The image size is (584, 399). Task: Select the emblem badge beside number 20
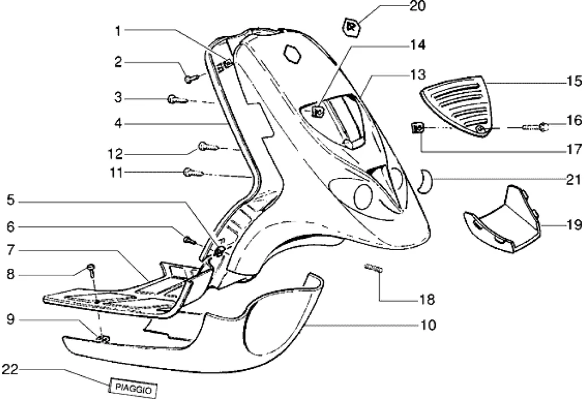coord(351,25)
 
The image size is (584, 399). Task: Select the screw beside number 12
coord(207,148)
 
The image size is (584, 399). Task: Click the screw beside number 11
coord(191,171)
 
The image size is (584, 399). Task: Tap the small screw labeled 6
coord(188,239)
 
